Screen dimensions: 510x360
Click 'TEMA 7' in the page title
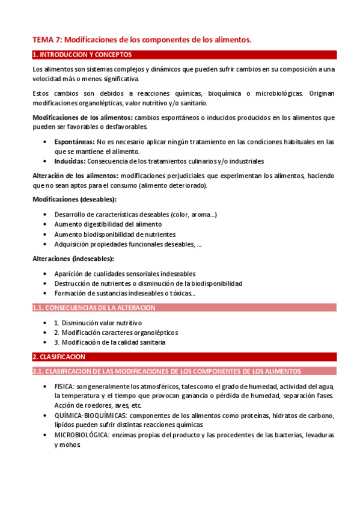46,40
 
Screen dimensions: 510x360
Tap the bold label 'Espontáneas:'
74,142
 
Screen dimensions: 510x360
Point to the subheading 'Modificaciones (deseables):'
75,199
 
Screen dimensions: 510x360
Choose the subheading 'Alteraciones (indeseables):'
73,259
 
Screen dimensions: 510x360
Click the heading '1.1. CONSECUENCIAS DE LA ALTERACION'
94,308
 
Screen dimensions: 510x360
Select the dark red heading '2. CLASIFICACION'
59,357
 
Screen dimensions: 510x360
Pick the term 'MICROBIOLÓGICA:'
82,435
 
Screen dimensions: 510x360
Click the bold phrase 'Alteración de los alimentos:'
75,176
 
